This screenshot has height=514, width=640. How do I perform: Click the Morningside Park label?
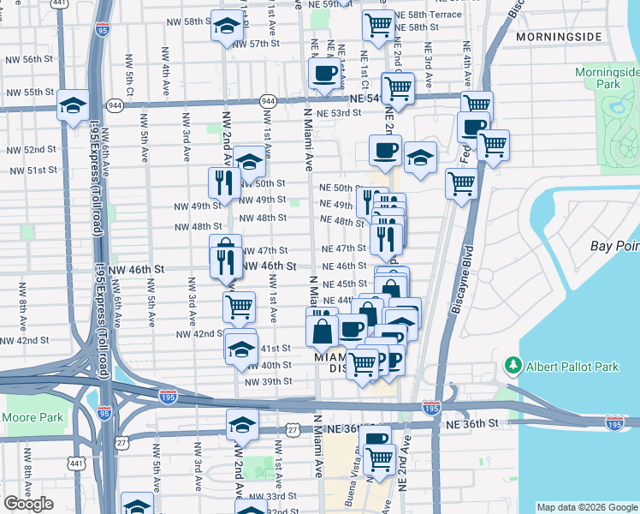click(x=608, y=80)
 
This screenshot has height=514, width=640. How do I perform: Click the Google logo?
click(x=28, y=504)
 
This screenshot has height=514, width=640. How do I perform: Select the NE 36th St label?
click(x=470, y=423)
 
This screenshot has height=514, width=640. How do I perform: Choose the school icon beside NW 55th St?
click(x=74, y=105)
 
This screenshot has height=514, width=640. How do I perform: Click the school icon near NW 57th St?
click(x=227, y=27)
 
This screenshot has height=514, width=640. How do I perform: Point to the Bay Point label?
click(x=614, y=247)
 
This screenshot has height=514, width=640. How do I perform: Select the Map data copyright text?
click(x=586, y=506)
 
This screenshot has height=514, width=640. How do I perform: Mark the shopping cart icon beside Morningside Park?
click(x=493, y=145)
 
